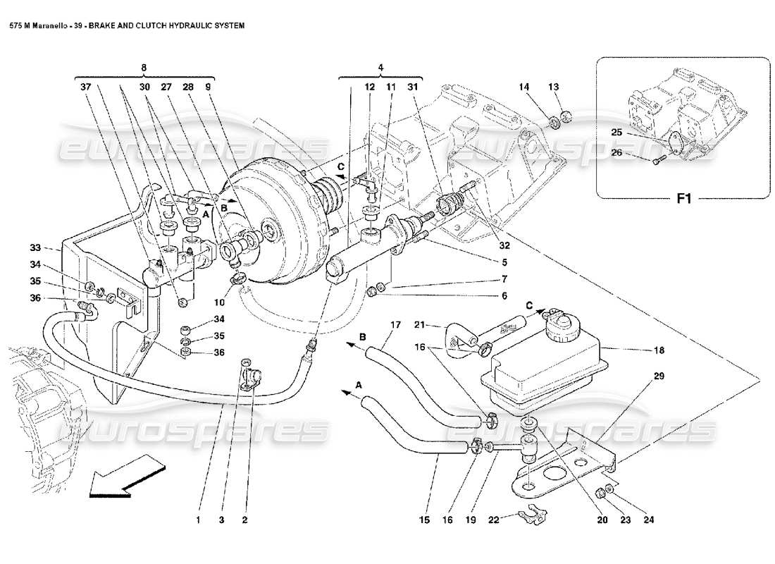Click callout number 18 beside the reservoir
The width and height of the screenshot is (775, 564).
pos(659,350)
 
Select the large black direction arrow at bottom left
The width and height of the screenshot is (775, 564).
pos(126,477)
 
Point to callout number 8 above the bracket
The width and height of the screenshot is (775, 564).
pos(144,68)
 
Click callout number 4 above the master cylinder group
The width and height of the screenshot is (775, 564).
pos(380,68)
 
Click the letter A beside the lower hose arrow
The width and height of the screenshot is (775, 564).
pos(359,385)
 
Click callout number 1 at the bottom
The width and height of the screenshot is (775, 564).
pos(199,520)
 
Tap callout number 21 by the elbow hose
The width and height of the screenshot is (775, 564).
pos(417,324)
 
